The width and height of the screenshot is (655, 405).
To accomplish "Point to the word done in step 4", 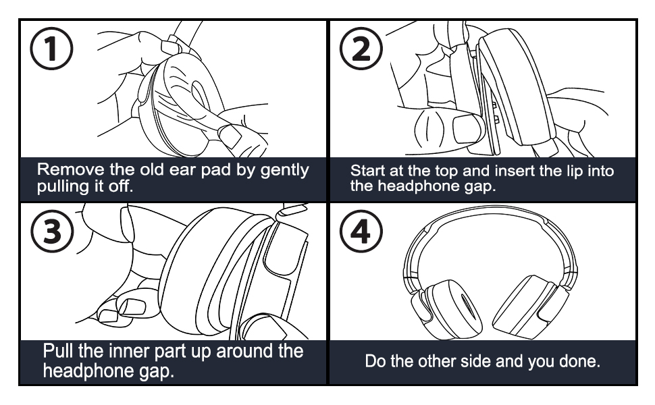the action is [x=579, y=361].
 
